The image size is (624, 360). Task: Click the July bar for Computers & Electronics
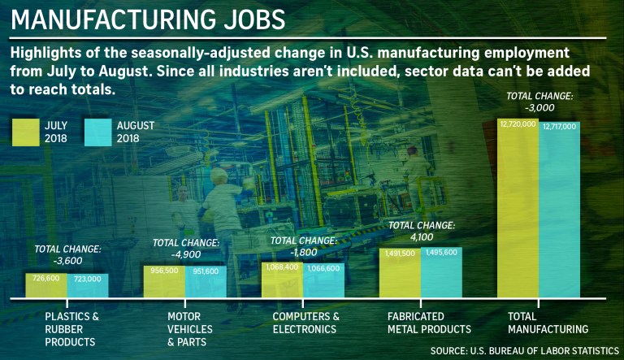tap(282, 280)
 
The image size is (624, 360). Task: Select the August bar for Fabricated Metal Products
tap(441, 272)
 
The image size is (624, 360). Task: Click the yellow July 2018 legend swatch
tap(25, 132)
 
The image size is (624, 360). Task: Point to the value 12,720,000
tap(518, 124)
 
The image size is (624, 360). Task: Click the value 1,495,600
tap(441, 253)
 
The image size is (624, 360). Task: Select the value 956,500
tap(164, 271)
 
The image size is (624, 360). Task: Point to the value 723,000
tap(87, 279)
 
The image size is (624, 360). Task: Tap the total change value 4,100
tap(421, 236)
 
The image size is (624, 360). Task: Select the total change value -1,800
tap(304, 251)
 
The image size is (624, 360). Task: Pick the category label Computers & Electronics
tap(305, 323)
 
